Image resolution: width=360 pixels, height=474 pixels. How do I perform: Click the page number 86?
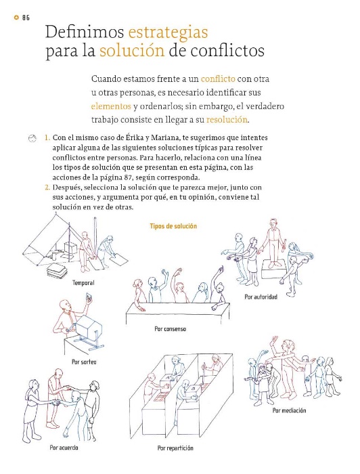coord(26,18)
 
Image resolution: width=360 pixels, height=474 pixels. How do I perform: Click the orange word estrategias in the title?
coord(168,33)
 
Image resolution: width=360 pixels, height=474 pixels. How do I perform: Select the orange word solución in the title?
coord(132,51)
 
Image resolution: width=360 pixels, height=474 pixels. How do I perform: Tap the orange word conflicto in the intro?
coord(218,79)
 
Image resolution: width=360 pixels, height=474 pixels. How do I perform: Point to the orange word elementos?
coord(111,106)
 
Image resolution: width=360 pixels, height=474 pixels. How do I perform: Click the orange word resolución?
coord(227,120)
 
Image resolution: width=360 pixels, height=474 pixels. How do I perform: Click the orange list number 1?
coord(47,138)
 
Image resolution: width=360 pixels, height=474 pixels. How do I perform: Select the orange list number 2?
coord(47,188)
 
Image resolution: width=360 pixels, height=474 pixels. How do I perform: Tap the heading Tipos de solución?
coord(173,226)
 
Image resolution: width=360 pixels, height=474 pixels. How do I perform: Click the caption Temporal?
coord(83,283)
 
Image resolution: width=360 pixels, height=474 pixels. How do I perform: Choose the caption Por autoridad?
coord(261,297)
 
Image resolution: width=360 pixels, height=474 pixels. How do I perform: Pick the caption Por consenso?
coord(170,329)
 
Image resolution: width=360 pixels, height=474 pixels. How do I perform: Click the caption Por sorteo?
coord(84,362)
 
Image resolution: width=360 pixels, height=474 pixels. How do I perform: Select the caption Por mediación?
coord(289,410)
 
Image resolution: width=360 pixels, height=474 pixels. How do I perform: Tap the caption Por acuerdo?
coord(64,448)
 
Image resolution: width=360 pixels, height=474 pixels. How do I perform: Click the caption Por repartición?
coord(175,448)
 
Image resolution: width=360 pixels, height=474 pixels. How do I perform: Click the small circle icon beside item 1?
coord(32,138)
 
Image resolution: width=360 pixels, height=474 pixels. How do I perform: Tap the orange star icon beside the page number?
coord(16,18)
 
